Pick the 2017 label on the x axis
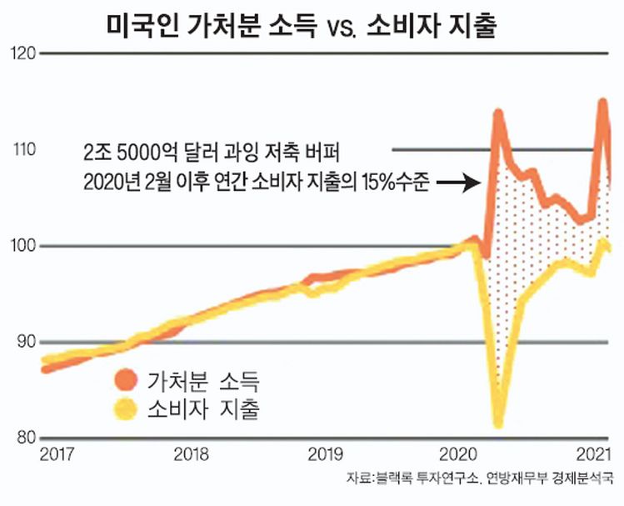(x=57, y=454)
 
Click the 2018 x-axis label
(x=192, y=454)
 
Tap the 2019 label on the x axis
(x=325, y=454)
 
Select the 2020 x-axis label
(x=457, y=454)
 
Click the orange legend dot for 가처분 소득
(x=125, y=382)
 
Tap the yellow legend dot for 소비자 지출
(x=125, y=408)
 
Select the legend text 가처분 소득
(x=202, y=383)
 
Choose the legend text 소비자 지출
(x=202, y=409)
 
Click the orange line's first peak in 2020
(x=499, y=112)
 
